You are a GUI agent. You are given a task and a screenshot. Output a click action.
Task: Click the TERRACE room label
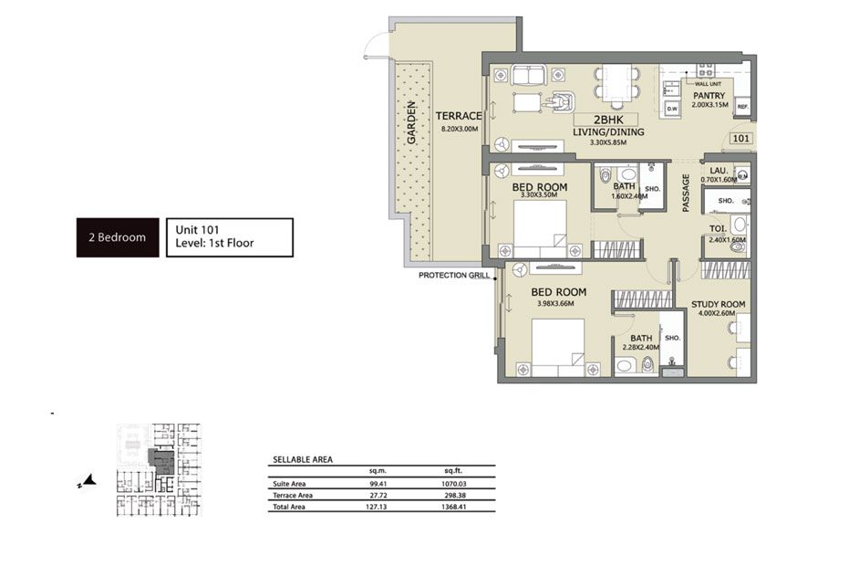point(458,116)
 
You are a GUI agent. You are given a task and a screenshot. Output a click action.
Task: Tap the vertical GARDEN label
point(411,122)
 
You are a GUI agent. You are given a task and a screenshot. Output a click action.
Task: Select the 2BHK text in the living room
point(608,119)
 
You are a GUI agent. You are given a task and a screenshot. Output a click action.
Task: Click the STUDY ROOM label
point(718,304)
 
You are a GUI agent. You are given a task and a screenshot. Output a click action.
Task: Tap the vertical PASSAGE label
point(686,194)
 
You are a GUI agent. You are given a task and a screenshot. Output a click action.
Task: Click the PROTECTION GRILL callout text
point(454,275)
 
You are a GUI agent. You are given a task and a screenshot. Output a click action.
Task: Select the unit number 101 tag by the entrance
point(740,140)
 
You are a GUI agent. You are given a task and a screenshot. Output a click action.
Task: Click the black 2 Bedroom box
point(117,237)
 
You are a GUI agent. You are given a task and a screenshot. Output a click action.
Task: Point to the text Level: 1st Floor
point(214,244)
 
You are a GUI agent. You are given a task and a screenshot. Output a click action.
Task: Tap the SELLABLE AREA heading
point(303,460)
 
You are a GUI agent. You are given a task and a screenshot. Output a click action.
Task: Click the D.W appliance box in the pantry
point(672,109)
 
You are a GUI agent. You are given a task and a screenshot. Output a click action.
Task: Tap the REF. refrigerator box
point(742,108)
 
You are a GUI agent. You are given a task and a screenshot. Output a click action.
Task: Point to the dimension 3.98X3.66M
point(554,304)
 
